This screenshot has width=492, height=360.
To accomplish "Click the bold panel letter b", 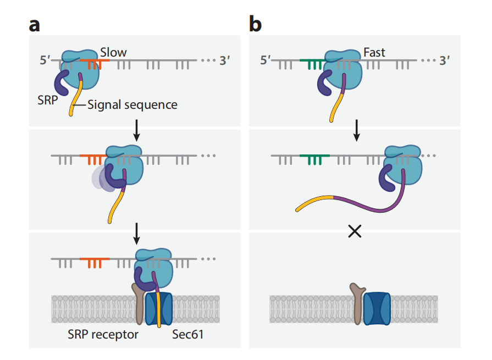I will pos(256,24).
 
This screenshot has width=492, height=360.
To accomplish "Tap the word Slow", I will pos(113,53).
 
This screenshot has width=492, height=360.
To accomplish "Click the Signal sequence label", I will pos(132,104).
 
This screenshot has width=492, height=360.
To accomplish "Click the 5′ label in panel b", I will pos(266,60).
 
